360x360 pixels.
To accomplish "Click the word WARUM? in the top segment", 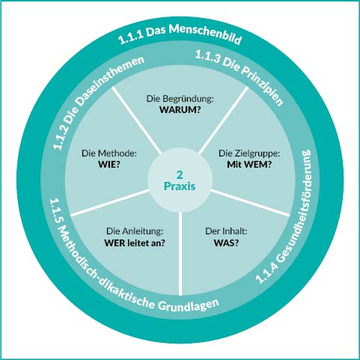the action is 180,109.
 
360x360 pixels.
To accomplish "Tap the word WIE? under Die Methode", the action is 109,165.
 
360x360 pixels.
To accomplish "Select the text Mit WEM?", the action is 249,165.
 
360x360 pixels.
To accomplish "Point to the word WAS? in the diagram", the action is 226,242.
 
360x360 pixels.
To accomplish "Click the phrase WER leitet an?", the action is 135,242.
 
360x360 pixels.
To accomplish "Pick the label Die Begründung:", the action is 180,99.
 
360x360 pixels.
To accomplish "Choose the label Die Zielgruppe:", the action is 249,153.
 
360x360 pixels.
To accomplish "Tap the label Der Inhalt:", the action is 226,231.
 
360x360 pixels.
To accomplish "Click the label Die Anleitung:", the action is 135,231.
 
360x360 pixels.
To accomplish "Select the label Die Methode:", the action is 109,153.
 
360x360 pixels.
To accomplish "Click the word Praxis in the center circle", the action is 180,186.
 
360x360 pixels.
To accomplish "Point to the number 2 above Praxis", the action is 180,175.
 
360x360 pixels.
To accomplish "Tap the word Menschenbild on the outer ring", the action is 206,34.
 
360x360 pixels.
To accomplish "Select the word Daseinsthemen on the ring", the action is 110,83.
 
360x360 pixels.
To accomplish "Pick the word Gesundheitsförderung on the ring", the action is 296,207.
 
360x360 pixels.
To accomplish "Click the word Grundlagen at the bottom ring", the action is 189,305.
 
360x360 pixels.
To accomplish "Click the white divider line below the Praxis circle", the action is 180,254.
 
